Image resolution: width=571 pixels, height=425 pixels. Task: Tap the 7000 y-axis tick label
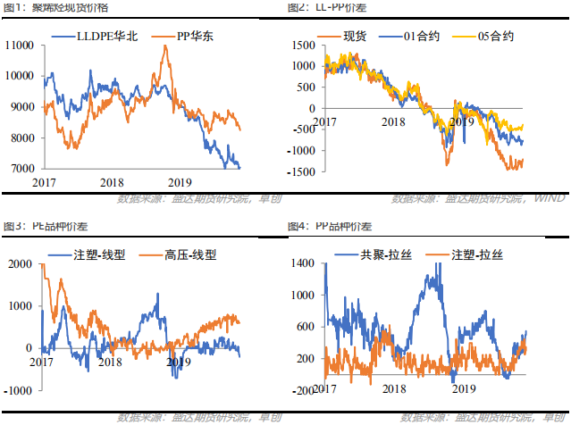pyautogui.click(x=22, y=169)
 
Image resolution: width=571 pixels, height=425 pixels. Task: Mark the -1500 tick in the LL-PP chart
pyautogui.click(x=301, y=171)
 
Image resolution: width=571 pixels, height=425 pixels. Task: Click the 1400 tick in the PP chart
pyautogui.click(x=303, y=262)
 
